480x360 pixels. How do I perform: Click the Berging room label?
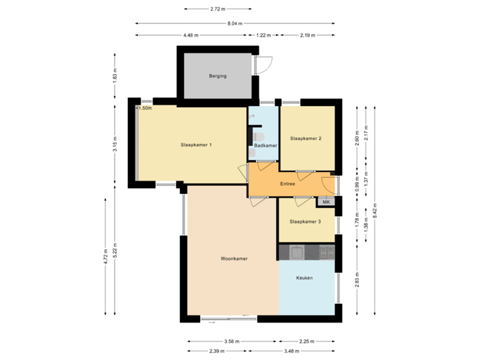point(217,76)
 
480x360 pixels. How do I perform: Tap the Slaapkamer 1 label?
point(197,145)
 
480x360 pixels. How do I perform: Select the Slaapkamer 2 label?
point(307,139)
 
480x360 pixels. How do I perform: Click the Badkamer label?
point(265,145)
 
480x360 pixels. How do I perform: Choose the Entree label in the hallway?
point(287,183)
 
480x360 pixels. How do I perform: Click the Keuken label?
point(305,277)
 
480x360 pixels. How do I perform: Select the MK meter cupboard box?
point(326,201)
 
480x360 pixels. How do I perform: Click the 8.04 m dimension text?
point(234,23)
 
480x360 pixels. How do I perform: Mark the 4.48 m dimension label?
point(192,35)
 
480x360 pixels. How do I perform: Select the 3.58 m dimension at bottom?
point(231,341)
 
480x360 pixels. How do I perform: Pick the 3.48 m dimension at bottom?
point(291,351)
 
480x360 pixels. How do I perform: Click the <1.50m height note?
point(144,107)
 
